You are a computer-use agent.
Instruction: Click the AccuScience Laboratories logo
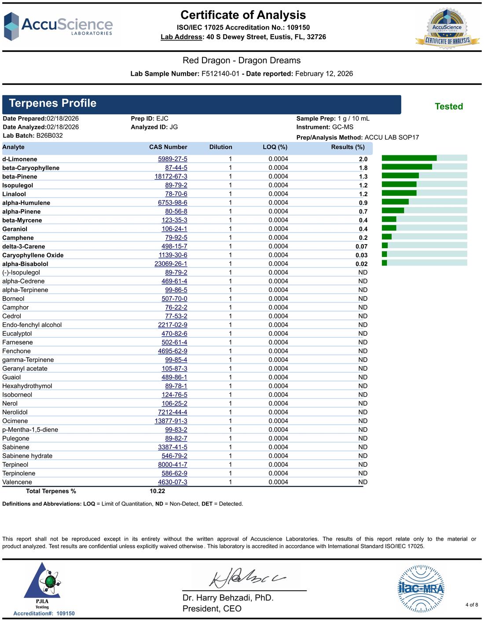58,26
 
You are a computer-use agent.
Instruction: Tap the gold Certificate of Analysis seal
447,29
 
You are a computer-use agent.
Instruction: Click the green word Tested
449,106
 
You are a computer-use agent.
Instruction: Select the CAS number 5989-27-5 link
172,159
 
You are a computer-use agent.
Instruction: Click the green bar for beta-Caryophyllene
407,167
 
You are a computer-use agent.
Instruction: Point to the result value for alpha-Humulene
363,202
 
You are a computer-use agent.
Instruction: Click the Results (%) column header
348,147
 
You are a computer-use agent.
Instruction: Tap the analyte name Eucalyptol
17,333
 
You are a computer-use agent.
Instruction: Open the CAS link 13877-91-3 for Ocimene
171,421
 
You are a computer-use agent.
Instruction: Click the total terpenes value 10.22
158,491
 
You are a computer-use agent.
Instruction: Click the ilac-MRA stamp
421,589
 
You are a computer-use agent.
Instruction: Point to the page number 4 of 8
472,605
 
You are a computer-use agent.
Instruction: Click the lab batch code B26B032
49,135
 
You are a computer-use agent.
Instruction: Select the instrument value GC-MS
343,127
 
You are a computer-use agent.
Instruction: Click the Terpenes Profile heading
53,103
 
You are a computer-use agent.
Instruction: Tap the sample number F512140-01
220,73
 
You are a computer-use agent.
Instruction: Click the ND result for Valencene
363,482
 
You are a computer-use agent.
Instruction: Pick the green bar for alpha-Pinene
393,211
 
